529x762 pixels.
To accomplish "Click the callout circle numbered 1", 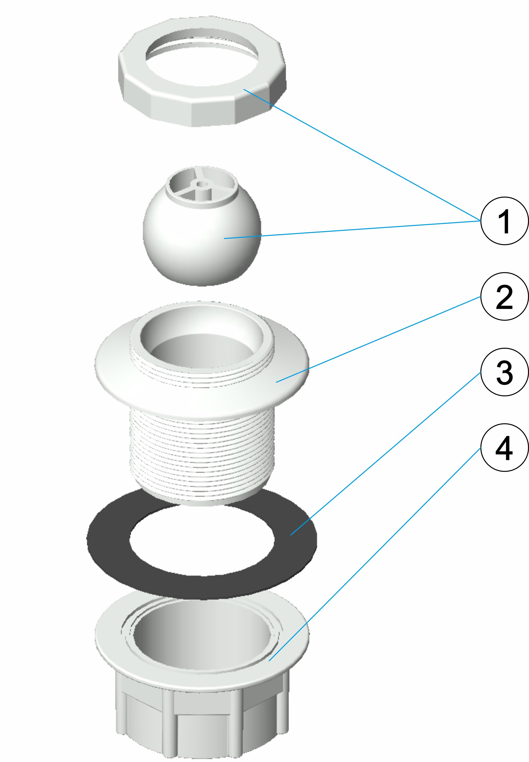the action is [x=504, y=221].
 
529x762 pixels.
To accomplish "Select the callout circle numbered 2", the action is [x=504, y=296].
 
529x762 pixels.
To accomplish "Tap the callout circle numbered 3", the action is [x=504, y=372].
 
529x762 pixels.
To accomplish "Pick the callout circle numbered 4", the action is [x=504, y=447].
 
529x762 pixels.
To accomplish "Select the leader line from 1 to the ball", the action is [x=352, y=229].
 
